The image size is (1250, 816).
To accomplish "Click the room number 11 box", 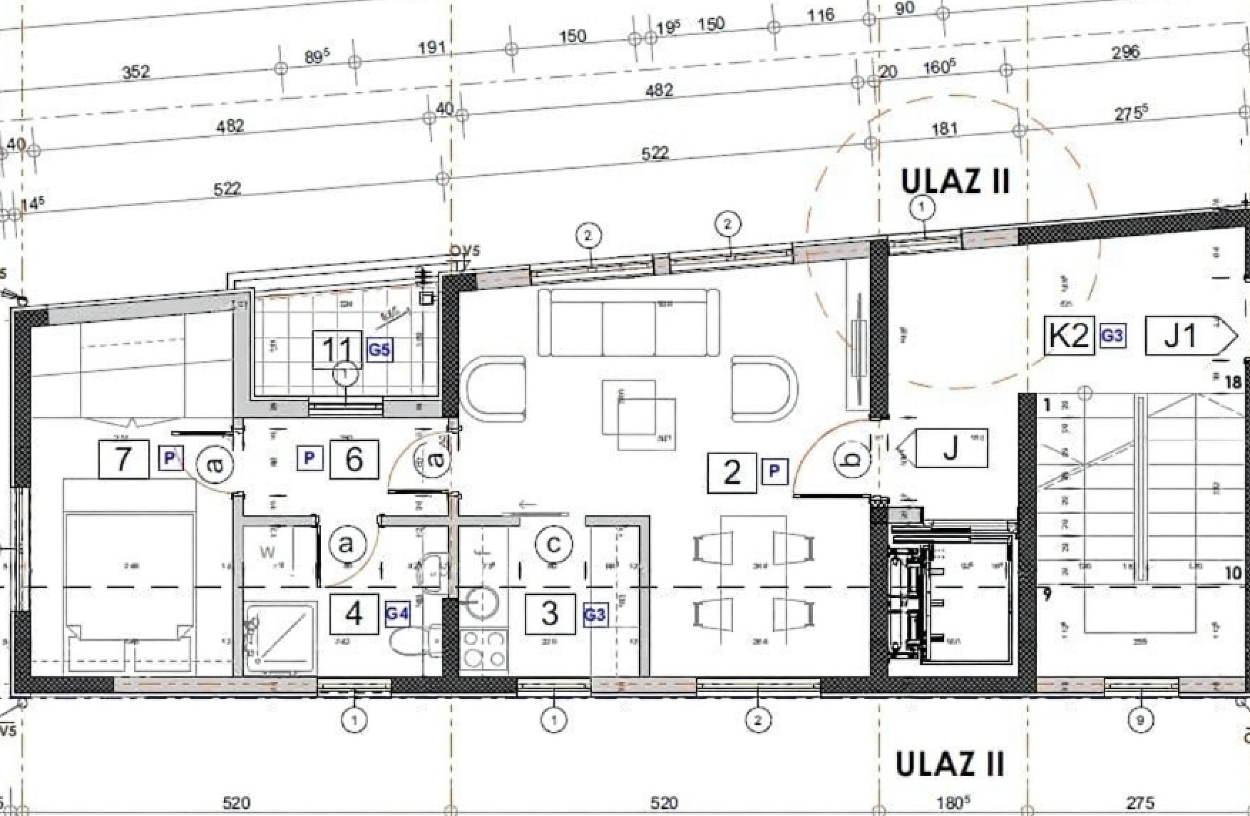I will point(337,350).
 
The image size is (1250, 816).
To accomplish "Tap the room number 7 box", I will point(123,458).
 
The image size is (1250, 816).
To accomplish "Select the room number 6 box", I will point(354,459).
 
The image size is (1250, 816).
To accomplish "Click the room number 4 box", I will point(354,614).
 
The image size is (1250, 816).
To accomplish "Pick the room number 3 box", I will point(550,614).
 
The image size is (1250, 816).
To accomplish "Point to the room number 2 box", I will point(732,472).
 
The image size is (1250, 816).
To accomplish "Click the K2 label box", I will point(1069,335).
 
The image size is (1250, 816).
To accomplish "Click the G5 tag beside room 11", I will point(379,350).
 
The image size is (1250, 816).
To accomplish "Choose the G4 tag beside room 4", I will point(397,614).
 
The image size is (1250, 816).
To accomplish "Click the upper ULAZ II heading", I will point(956,181).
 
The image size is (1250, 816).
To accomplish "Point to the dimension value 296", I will point(1125,52).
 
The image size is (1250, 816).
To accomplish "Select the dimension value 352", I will point(135,71).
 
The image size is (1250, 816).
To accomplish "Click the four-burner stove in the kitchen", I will point(484,649).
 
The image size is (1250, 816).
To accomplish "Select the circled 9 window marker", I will point(1140,721).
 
